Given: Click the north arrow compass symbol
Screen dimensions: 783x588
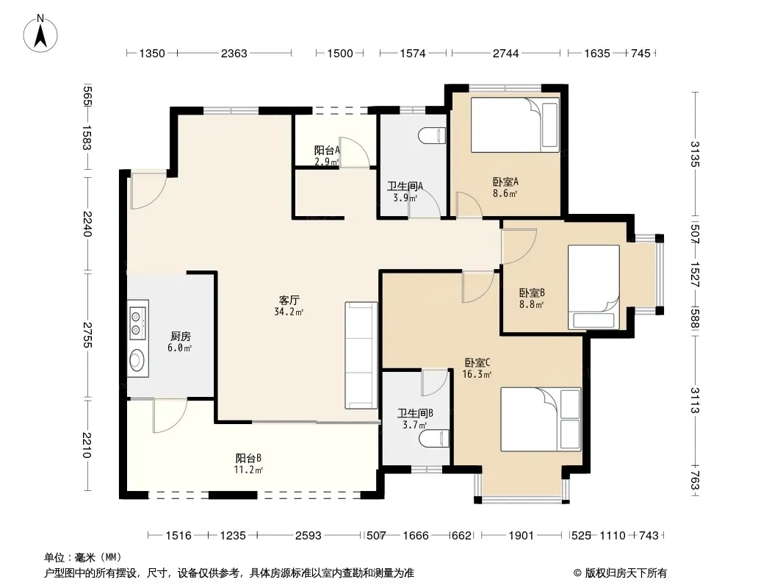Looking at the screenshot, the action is [40, 33].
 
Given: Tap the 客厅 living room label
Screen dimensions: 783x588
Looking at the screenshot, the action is [289, 300].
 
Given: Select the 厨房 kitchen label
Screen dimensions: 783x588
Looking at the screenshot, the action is [180, 336].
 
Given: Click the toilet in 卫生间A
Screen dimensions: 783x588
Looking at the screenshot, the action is [433, 136].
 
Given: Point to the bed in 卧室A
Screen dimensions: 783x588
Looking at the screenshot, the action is [515, 125].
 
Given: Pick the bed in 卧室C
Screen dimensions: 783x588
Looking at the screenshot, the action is [541, 419].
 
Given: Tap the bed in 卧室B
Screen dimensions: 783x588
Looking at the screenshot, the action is [593, 287].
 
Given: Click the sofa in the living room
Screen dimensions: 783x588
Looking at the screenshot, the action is [361, 355].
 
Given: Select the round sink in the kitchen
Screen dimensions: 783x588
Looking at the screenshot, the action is [137, 359].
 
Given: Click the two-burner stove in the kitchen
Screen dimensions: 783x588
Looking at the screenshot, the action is [137, 322].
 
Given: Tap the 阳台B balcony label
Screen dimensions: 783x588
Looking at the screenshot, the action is [249, 458].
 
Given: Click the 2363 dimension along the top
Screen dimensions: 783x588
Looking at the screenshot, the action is [234, 53].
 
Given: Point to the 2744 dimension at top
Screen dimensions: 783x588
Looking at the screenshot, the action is [506, 53].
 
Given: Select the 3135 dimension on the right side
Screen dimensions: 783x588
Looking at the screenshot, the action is [695, 154].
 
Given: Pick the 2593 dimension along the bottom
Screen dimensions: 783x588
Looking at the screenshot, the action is [308, 536].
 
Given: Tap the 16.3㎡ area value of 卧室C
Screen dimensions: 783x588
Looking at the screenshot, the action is [477, 374].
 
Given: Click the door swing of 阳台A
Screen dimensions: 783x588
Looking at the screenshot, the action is [354, 152].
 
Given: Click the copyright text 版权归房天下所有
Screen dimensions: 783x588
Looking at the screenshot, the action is [626, 573].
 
